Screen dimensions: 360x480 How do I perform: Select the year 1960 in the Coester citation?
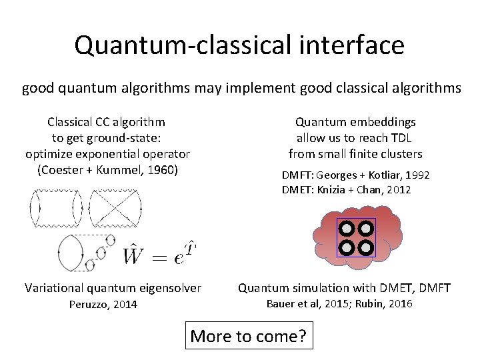pos(163,169)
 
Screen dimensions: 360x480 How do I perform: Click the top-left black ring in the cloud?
pos(347,229)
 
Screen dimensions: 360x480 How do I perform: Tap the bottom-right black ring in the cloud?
pos(366,248)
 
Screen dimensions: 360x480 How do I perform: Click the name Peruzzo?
pos(90,305)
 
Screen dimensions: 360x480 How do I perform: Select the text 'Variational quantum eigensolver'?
pos(113,288)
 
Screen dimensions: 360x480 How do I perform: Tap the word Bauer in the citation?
pos(281,304)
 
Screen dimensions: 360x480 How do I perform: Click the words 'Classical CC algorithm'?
pos(107,122)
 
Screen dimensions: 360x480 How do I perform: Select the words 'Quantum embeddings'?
pos(355,122)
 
